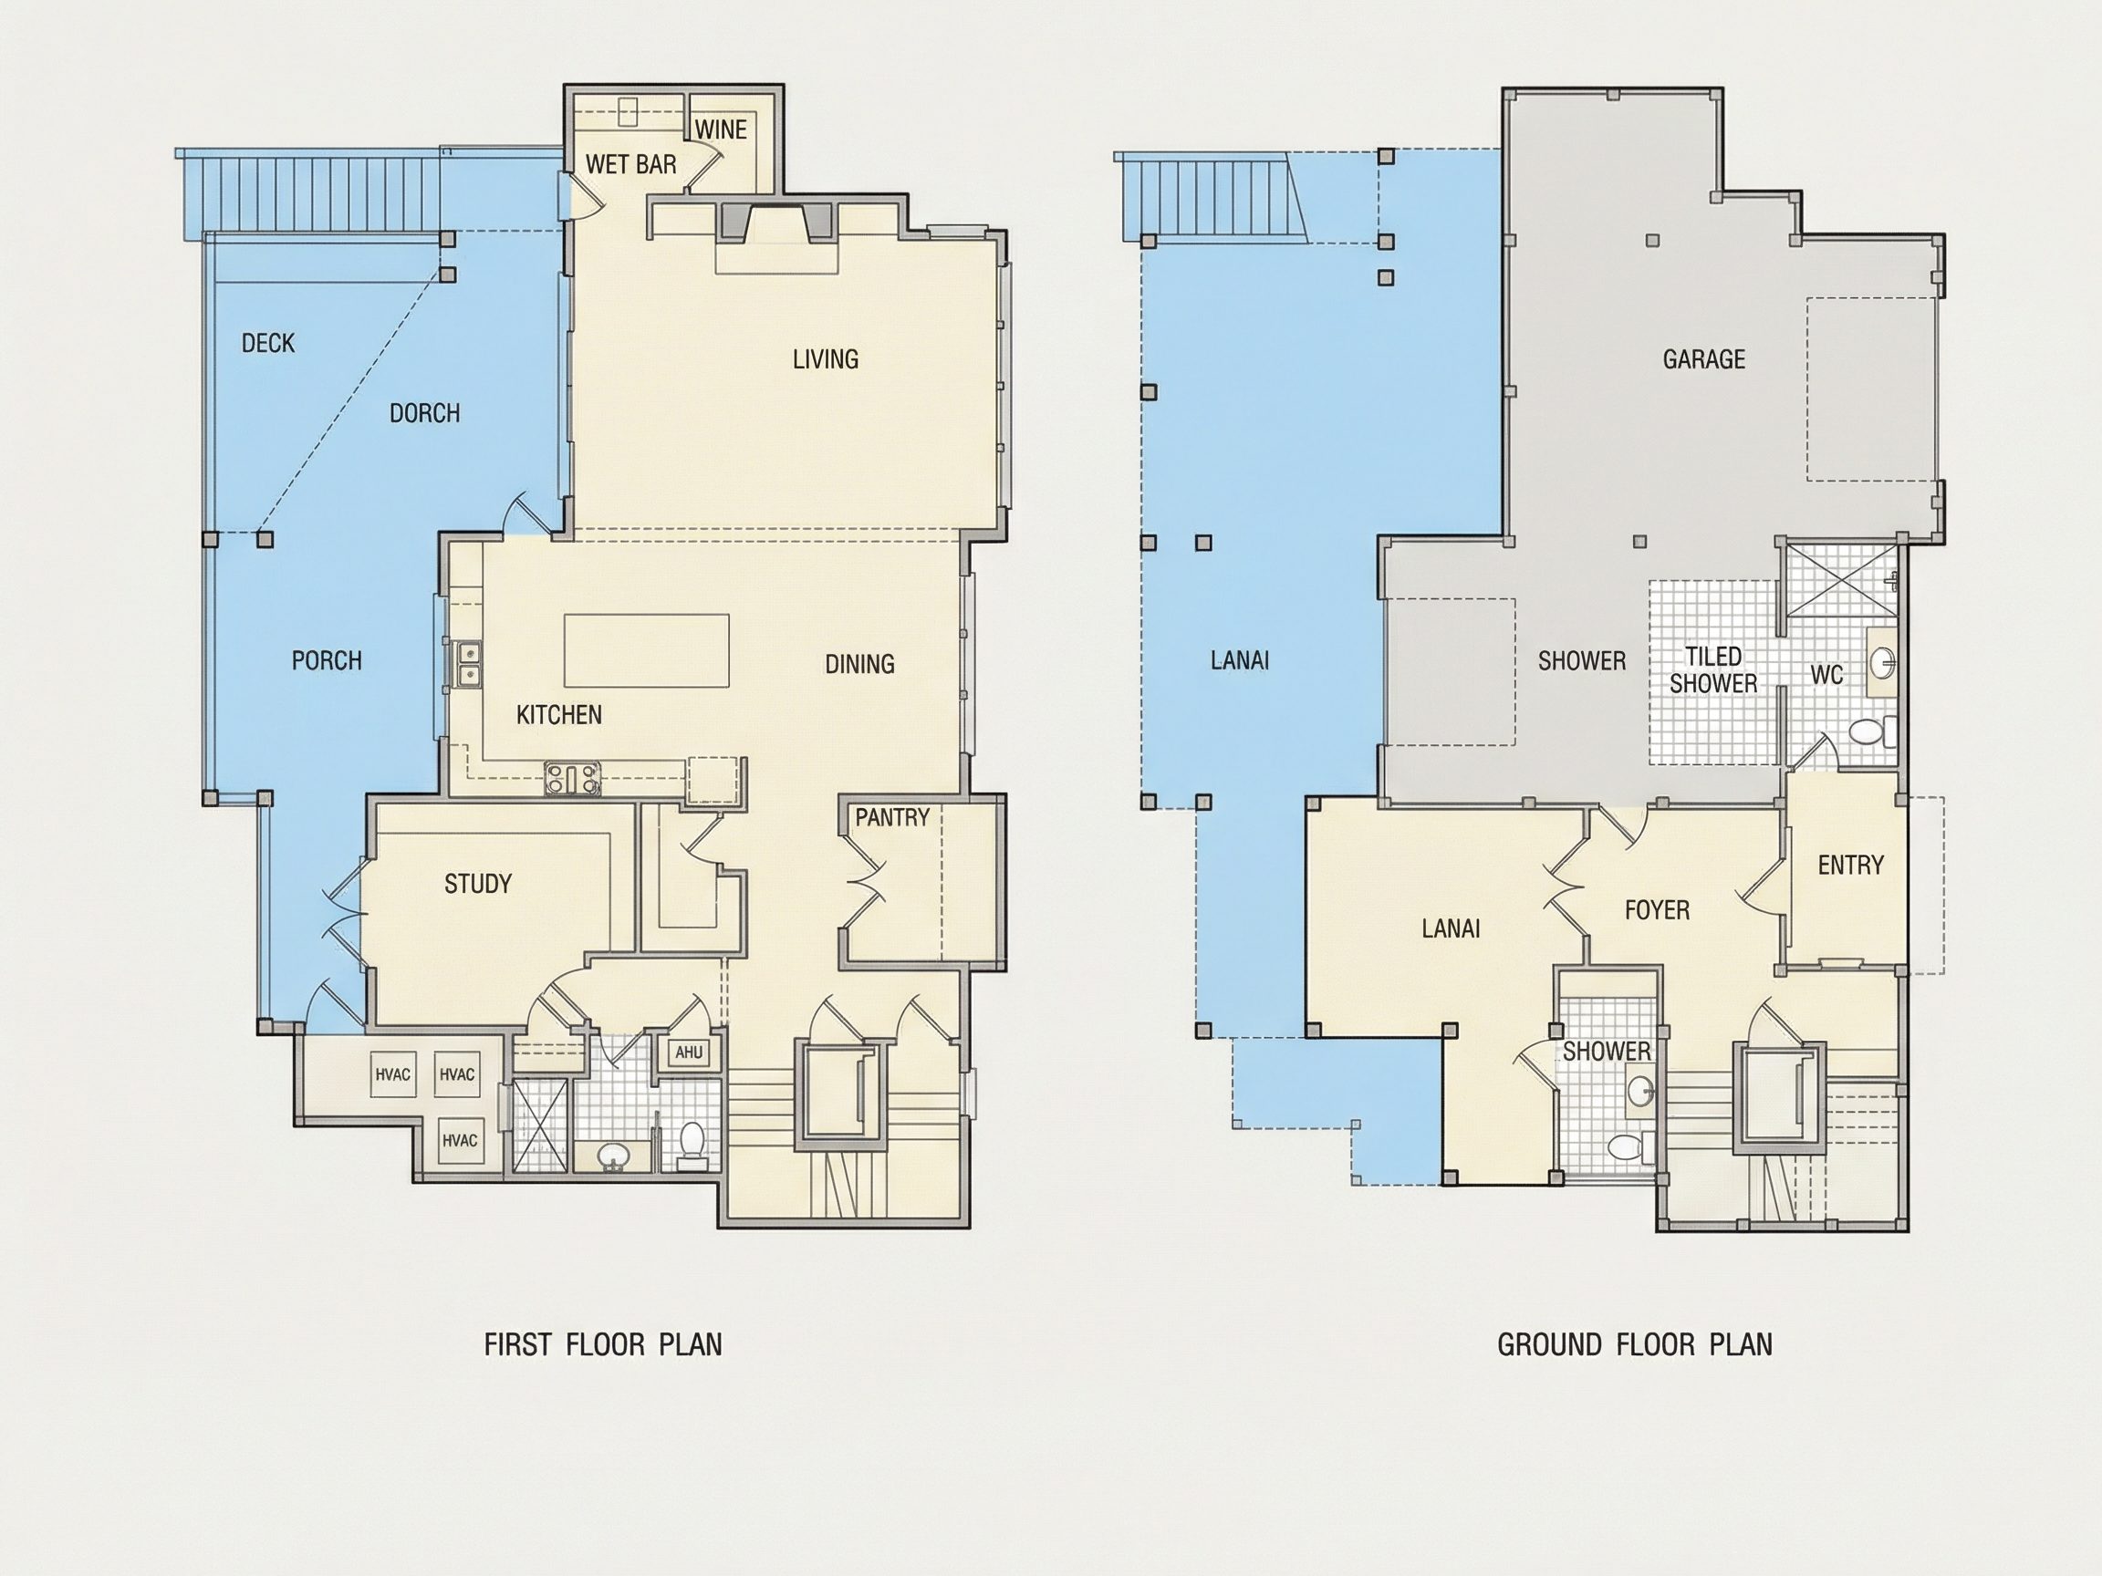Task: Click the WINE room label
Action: (x=721, y=130)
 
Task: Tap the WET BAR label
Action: (x=631, y=164)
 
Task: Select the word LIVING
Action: (x=826, y=359)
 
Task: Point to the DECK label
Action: (x=268, y=343)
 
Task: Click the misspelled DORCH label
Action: (x=425, y=413)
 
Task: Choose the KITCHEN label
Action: (x=558, y=714)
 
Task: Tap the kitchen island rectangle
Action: (x=646, y=650)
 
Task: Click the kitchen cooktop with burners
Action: (x=573, y=779)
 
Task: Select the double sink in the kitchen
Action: (x=469, y=664)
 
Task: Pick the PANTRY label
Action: (x=892, y=818)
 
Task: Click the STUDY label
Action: (x=478, y=885)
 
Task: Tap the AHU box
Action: (x=689, y=1052)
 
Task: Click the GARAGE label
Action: (x=1704, y=359)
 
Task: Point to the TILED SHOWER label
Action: (x=1713, y=669)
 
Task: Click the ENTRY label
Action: (x=1850, y=866)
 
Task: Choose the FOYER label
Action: (x=1658, y=910)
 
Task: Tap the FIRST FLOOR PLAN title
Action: (x=603, y=1345)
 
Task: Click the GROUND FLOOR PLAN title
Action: (x=1635, y=1345)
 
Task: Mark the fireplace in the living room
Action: (x=776, y=223)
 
